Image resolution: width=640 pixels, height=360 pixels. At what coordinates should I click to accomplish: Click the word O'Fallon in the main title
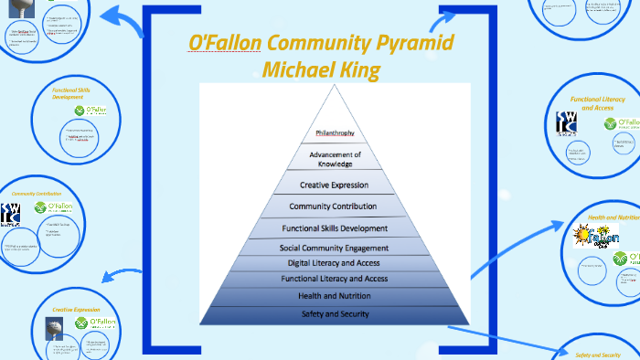(225, 43)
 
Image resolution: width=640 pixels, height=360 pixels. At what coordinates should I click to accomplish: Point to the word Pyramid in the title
(415, 43)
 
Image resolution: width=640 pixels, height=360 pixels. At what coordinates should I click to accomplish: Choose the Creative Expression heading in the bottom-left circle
(77, 310)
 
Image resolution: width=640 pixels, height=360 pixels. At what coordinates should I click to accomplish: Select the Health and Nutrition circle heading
(613, 217)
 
